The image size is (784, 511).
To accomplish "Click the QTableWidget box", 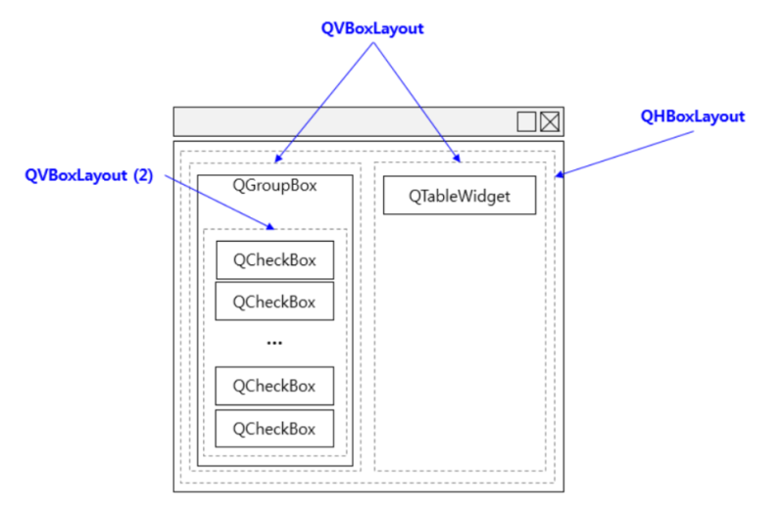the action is click(x=460, y=196).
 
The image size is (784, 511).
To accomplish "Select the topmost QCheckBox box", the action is click(x=275, y=259).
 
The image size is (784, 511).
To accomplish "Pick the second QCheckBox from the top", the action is click(x=274, y=302).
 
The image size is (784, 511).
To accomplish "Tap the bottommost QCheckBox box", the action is click(x=274, y=429).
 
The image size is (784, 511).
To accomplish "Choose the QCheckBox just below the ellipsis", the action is click(x=274, y=386).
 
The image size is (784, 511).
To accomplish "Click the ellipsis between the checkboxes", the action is click(x=274, y=344).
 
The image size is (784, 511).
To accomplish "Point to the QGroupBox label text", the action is click(x=274, y=185).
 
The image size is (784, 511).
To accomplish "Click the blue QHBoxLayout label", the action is click(x=693, y=116).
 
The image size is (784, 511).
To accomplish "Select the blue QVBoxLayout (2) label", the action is click(x=89, y=175).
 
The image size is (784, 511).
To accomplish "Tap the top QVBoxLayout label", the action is click(x=372, y=28).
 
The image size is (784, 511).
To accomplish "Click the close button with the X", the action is click(x=550, y=121).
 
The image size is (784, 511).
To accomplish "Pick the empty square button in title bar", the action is click(x=526, y=121).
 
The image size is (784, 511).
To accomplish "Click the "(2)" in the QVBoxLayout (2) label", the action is click(x=143, y=175).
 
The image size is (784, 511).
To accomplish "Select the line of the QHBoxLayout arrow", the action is click(x=625, y=154).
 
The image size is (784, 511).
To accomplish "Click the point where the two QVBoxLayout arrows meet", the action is click(x=373, y=43).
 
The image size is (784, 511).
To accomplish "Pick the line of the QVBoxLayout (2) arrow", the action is click(x=220, y=203).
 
